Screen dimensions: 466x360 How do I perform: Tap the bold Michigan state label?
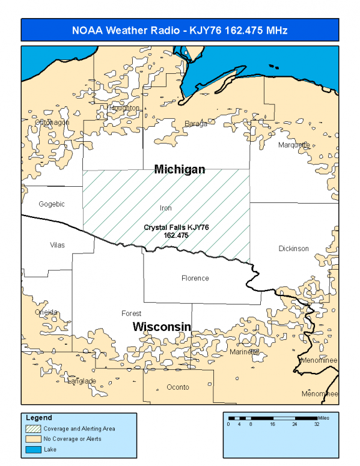180,169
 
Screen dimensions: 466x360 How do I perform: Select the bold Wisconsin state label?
162,327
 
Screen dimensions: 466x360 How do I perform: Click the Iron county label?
166,208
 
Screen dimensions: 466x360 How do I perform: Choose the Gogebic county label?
52,204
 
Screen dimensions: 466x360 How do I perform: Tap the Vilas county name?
57,245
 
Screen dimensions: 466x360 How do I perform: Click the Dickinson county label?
293,249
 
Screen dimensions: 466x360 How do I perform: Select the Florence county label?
195,278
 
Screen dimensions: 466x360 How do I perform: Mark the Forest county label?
131,313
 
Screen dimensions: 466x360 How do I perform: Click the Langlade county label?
81,381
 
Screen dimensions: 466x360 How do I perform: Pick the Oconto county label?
178,387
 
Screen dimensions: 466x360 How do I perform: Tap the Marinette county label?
244,353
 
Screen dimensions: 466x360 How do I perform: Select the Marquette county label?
294,145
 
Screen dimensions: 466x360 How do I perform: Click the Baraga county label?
196,124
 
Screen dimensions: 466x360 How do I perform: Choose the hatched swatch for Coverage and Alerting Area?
33,429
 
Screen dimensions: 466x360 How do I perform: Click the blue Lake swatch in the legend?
33,449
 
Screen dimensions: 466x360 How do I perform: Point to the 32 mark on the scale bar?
317,424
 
